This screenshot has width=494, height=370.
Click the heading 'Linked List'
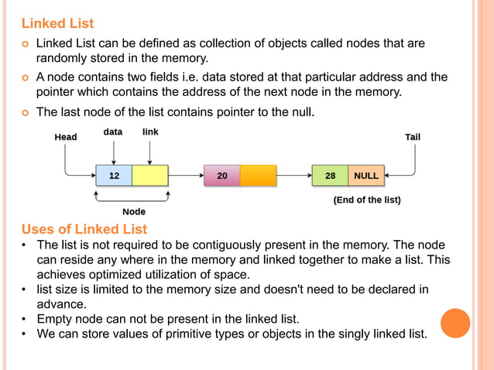(x=57, y=23)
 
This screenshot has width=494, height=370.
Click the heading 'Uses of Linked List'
(x=84, y=229)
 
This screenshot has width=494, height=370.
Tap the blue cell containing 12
(x=114, y=176)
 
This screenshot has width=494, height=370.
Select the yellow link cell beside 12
(x=150, y=176)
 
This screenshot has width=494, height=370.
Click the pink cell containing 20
(x=221, y=176)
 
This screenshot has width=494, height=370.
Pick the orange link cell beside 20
(x=258, y=176)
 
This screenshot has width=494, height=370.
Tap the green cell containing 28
(x=330, y=176)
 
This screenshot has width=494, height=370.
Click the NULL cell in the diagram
(x=365, y=176)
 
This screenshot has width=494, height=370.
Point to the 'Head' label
(x=66, y=137)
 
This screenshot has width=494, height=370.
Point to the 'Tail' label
(x=413, y=137)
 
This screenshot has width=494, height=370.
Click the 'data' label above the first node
(x=113, y=132)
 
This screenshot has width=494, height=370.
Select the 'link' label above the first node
(x=150, y=132)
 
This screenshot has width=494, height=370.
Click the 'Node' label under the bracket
(x=134, y=211)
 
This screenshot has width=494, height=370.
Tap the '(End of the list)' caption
(x=367, y=200)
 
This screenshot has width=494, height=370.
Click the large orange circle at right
(x=455, y=323)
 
